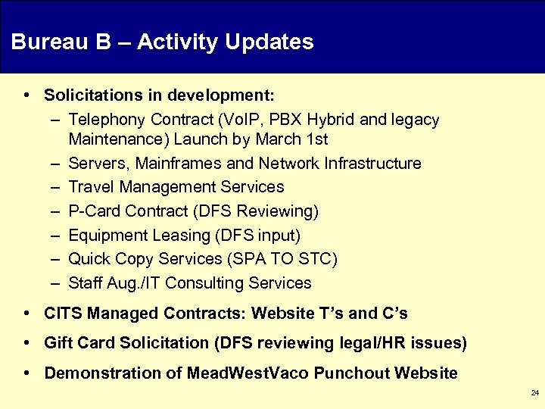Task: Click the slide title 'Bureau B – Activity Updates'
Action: click(162, 42)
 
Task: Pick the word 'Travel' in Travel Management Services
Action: click(88, 187)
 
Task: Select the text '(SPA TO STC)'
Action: click(281, 259)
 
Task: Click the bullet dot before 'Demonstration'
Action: click(26, 373)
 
